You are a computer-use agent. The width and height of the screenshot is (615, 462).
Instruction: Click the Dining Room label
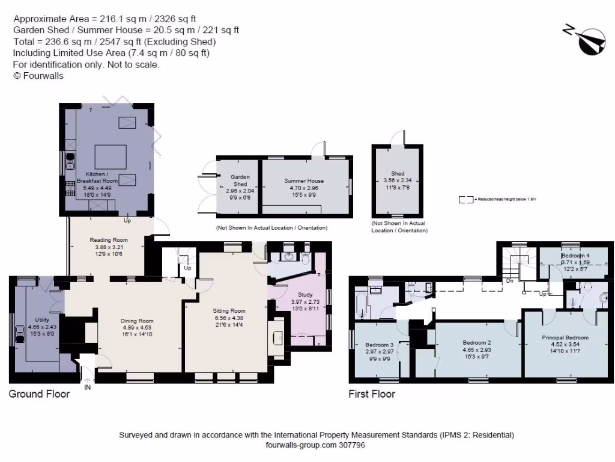click(x=138, y=321)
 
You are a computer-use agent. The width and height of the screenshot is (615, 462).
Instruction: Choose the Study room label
click(x=301, y=295)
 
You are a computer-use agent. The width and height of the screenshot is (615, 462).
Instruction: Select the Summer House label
click(x=304, y=180)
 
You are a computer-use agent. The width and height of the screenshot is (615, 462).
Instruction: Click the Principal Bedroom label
click(x=565, y=337)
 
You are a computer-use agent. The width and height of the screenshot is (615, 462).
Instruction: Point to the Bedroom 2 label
click(x=477, y=342)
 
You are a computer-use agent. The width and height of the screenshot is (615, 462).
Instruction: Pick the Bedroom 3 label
click(x=379, y=345)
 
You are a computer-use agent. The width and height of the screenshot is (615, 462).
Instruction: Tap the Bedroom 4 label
click(x=575, y=255)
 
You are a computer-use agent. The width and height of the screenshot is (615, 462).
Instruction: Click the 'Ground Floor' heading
click(x=39, y=394)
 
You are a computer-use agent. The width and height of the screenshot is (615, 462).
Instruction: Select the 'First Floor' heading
click(x=372, y=394)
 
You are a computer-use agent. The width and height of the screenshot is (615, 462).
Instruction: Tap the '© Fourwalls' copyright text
click(x=38, y=76)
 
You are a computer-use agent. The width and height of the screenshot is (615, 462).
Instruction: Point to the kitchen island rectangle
click(x=111, y=156)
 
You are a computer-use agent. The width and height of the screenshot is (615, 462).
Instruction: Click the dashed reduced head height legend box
click(x=465, y=199)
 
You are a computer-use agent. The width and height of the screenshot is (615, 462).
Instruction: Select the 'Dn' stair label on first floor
click(x=509, y=280)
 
